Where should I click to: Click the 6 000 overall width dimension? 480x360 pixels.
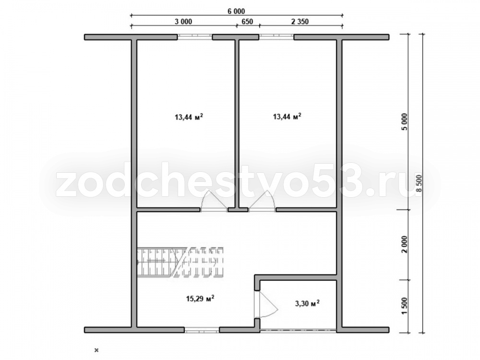[x=236, y=12]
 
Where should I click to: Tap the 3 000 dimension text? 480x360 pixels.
[x=183, y=22]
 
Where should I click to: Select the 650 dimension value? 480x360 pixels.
[x=247, y=22]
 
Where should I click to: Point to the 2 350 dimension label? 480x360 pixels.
[x=300, y=22]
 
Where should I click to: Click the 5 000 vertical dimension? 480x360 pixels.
[x=405, y=122]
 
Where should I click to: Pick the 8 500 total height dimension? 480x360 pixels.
[x=419, y=183]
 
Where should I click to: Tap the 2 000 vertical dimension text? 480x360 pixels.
[x=405, y=245]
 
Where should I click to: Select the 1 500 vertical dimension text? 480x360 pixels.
[x=405, y=306]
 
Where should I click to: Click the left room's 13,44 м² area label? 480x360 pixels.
[x=189, y=117]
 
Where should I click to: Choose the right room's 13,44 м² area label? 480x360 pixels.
[x=287, y=116]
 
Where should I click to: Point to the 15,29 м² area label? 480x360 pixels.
[x=200, y=298]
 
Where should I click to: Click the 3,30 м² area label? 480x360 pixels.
[x=307, y=303]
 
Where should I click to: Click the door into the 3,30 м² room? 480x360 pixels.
[x=266, y=305]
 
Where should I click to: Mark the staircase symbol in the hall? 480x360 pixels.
[x=180, y=263]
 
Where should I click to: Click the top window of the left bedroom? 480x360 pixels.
[x=195, y=37]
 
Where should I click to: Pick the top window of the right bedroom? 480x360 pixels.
[x=276, y=37]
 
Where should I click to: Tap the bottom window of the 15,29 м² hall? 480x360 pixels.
[x=202, y=330]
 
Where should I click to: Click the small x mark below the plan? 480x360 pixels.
[x=97, y=349]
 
